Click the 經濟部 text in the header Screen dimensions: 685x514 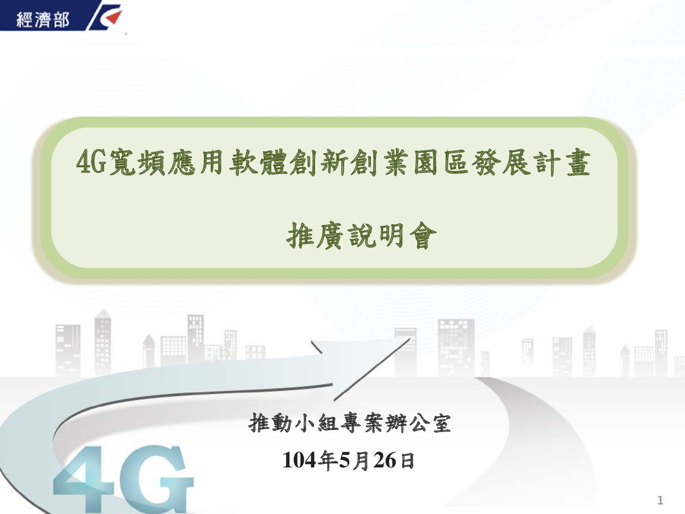pyautogui.click(x=43, y=20)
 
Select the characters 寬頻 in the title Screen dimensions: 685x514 pyautogui.click(x=137, y=162)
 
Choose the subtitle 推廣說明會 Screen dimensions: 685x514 pyautogui.click(x=362, y=236)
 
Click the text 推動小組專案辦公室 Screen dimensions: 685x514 pyautogui.click(x=350, y=422)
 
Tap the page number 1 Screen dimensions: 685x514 pyautogui.click(x=659, y=500)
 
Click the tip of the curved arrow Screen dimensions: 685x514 pyautogui.click(x=411, y=338)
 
